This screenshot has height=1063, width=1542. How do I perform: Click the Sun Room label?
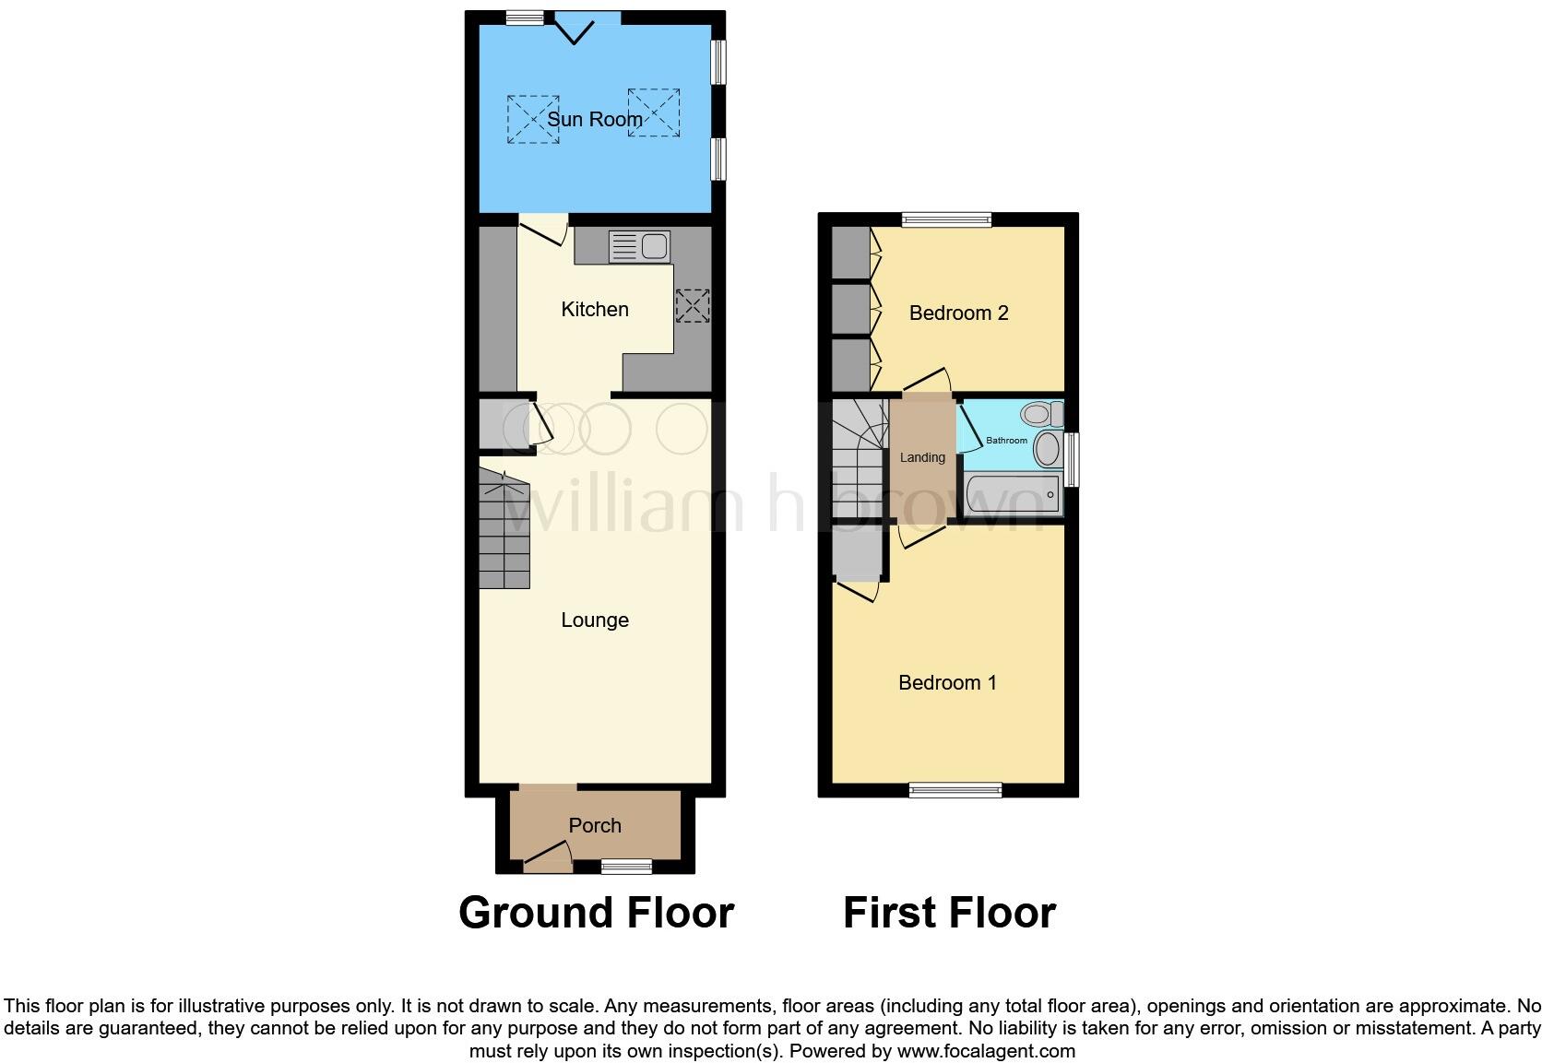595,120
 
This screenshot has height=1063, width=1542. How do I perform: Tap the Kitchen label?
595,310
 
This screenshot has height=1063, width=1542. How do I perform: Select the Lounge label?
595,620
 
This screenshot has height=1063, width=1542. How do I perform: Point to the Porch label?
595,826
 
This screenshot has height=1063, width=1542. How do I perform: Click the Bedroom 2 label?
958,313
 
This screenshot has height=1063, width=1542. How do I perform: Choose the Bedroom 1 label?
947,683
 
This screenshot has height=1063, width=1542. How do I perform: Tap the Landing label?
922,458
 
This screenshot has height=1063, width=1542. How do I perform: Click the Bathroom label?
1006,441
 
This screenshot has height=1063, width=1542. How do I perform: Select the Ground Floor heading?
596,913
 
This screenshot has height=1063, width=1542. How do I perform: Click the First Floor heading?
949,913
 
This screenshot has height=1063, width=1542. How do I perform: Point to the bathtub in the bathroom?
1013,495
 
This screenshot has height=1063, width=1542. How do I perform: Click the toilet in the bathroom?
1042,412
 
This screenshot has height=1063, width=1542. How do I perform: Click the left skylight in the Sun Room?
532,119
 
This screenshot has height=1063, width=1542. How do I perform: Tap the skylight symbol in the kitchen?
693,306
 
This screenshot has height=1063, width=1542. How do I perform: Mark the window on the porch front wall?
626,866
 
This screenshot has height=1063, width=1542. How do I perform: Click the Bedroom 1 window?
955,790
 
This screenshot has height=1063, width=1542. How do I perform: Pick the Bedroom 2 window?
946,219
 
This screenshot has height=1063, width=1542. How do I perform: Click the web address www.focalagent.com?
986,1051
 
